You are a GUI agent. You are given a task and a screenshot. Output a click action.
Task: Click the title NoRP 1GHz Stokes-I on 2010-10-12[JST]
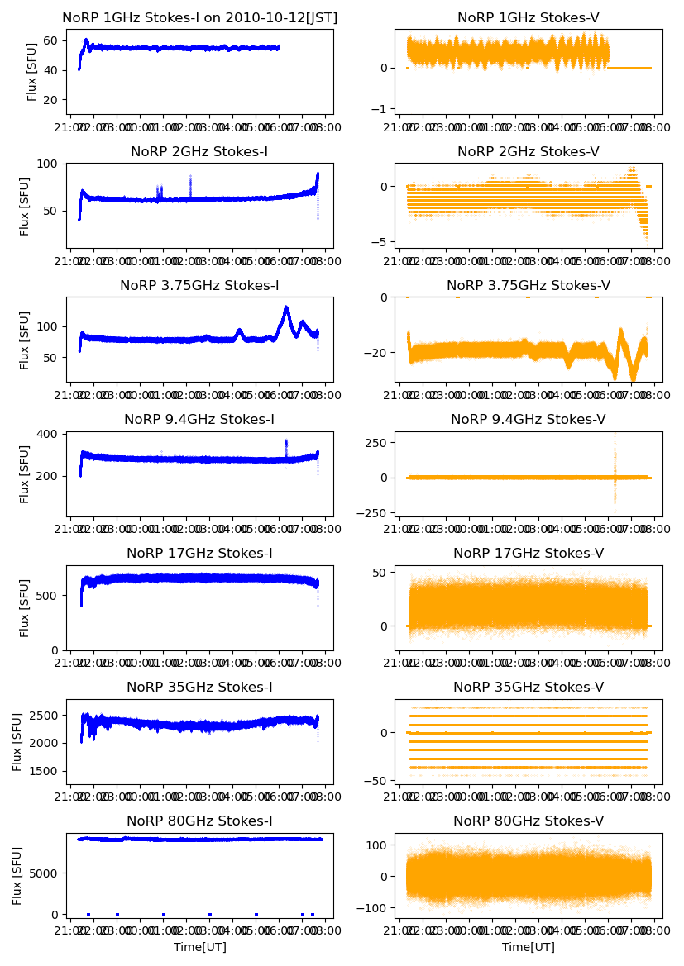(x=199, y=17)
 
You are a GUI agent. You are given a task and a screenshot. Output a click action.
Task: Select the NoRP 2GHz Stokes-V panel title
(x=529, y=151)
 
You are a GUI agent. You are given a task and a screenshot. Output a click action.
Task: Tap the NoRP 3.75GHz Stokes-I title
(x=199, y=285)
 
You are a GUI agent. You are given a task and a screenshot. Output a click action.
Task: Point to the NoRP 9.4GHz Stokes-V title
(x=529, y=419)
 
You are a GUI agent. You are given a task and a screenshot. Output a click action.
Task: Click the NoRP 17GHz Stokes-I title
(x=199, y=553)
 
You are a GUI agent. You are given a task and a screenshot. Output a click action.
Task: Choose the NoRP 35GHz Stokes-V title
(x=529, y=687)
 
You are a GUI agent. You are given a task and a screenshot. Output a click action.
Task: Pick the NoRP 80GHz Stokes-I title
(x=199, y=821)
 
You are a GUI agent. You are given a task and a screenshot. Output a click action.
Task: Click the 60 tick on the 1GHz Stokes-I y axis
(x=50, y=40)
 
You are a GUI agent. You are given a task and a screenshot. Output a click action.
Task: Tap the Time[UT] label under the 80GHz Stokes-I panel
(x=199, y=947)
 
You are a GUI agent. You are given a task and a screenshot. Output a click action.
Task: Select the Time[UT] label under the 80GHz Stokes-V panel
(x=529, y=947)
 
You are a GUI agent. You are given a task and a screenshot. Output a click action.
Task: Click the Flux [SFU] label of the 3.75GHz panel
(x=25, y=340)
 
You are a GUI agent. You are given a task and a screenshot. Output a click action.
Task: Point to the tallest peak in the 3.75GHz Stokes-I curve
(x=286, y=308)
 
